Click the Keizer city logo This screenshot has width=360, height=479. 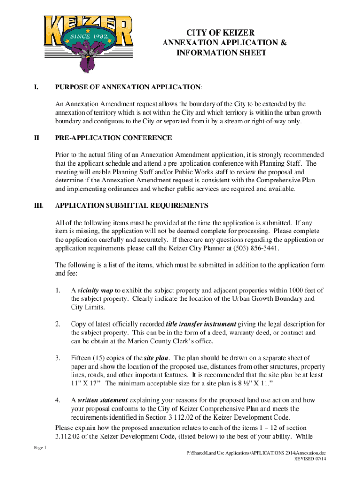[88, 43]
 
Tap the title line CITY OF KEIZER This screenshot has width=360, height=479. [221, 33]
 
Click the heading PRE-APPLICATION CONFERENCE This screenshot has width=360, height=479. [114, 138]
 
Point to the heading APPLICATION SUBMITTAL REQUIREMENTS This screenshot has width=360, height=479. [131, 205]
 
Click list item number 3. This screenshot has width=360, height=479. [58, 358]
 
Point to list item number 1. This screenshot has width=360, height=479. [58, 290]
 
